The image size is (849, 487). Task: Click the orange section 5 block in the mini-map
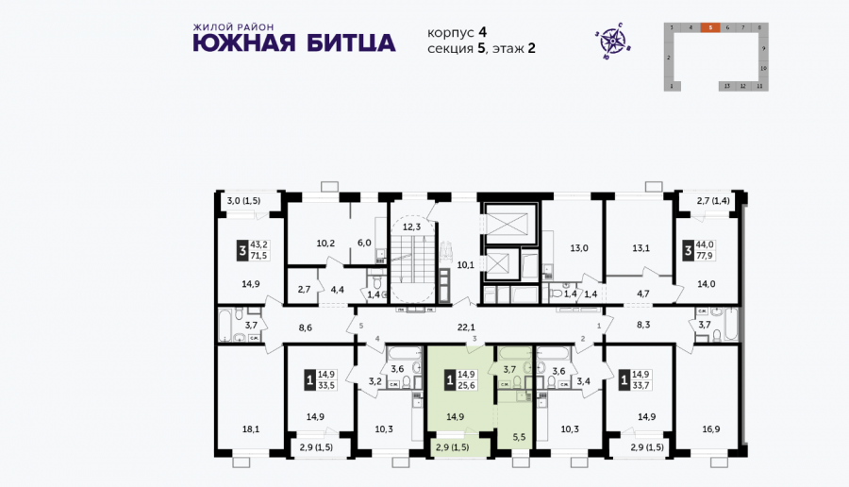pos(707,28)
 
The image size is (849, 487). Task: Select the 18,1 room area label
pos(251,429)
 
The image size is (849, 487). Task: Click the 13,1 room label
pos(641,248)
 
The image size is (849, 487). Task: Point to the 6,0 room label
pos(364,243)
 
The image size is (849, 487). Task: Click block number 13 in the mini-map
pos(726,85)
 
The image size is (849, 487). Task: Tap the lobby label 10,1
pos(464,265)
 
